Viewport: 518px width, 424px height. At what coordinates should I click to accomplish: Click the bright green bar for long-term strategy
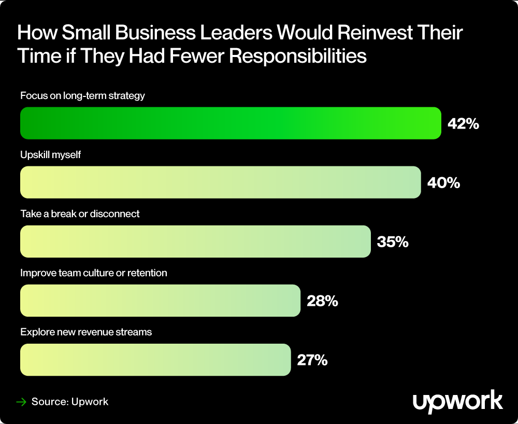click(x=231, y=123)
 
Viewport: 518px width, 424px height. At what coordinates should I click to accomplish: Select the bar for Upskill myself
click(x=220, y=182)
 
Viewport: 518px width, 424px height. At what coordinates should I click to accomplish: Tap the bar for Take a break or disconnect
click(x=195, y=242)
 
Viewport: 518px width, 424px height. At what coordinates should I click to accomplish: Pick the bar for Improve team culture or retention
click(x=160, y=301)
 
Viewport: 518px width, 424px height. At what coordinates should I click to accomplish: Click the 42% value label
click(x=462, y=124)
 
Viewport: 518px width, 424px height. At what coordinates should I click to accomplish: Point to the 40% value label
click(x=443, y=183)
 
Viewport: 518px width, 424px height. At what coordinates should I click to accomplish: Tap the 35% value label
click(x=393, y=242)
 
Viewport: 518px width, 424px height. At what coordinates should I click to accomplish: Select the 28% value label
click(x=322, y=301)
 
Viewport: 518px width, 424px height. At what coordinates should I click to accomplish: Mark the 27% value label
click(x=312, y=360)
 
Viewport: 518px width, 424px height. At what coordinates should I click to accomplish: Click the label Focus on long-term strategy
click(x=82, y=96)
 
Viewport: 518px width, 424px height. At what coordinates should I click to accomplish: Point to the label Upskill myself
click(x=51, y=155)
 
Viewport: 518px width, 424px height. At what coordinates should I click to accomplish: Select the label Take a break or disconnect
click(x=80, y=214)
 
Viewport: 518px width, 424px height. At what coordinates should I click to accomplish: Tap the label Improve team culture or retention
click(x=94, y=273)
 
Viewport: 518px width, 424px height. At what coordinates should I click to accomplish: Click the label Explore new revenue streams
click(x=86, y=332)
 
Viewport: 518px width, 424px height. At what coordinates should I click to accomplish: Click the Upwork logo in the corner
click(x=457, y=401)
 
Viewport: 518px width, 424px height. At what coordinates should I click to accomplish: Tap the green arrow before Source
click(x=21, y=402)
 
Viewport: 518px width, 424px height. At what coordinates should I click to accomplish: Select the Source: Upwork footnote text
click(x=70, y=402)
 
